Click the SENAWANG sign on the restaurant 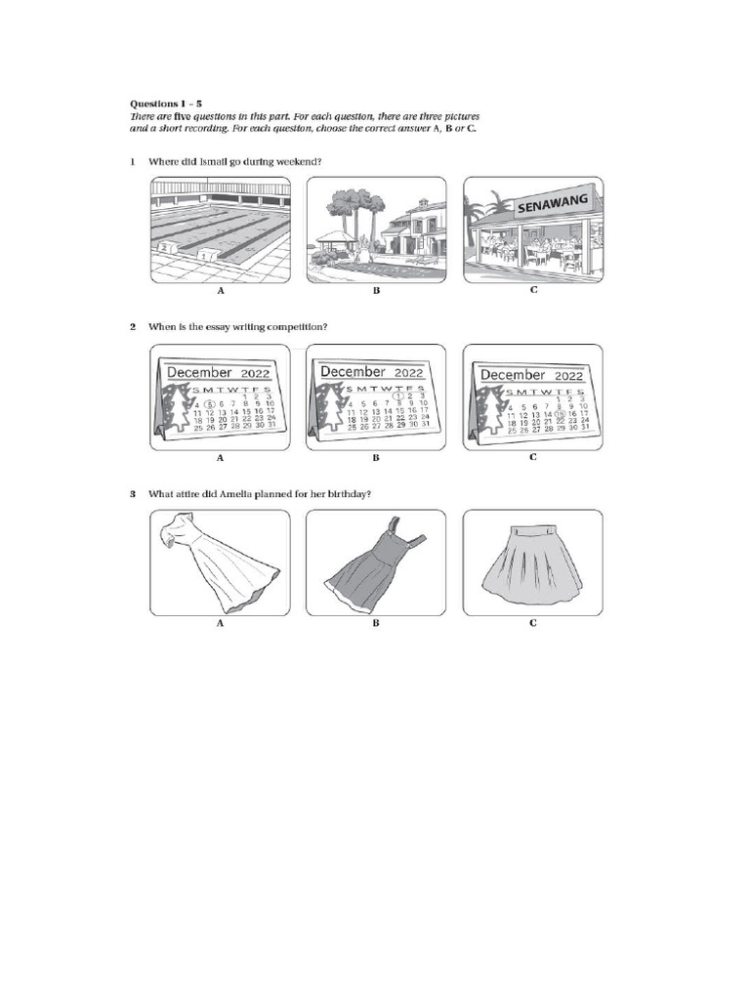click(x=545, y=202)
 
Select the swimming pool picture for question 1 click(x=220, y=229)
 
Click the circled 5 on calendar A click(x=209, y=403)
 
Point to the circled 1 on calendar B click(x=396, y=396)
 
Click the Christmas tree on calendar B click(x=327, y=409)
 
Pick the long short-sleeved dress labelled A click(x=221, y=563)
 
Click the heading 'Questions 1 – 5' click(x=166, y=103)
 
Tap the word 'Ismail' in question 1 click(x=217, y=161)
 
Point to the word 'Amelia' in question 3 click(x=247, y=494)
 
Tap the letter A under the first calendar click(x=221, y=457)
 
